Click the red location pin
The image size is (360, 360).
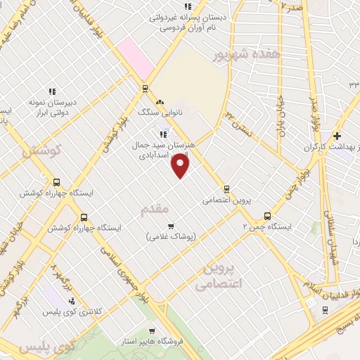[x=181, y=166]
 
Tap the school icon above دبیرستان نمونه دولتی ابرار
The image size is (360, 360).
[x=51, y=91]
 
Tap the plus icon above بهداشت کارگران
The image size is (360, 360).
[x=337, y=136]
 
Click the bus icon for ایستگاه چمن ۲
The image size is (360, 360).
[x=267, y=216]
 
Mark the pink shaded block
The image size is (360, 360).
[x=136, y=57]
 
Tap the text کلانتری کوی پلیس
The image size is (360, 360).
[x=70, y=311]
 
